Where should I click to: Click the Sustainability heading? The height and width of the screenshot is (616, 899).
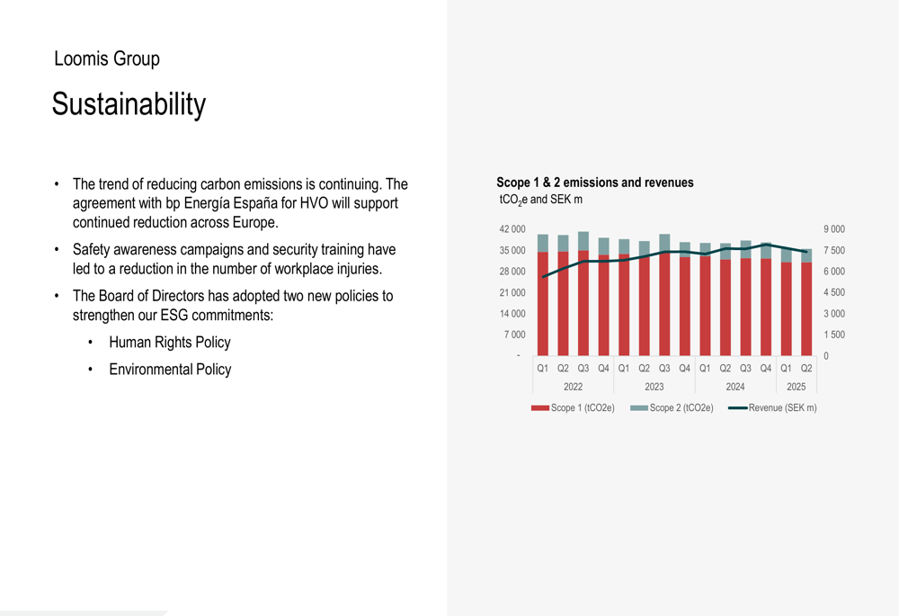[129, 105]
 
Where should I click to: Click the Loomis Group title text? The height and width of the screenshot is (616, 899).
[107, 59]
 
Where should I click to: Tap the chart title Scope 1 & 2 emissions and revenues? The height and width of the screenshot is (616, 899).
[594, 183]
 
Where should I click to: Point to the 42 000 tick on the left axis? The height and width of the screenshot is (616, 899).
[512, 229]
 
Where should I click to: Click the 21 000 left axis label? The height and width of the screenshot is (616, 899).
[512, 292]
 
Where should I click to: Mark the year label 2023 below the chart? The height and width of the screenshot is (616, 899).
[654, 387]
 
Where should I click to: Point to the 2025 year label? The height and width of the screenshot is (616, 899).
[797, 387]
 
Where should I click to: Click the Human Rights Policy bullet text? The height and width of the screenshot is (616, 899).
[169, 343]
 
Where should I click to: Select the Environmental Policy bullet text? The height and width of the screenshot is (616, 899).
[169, 370]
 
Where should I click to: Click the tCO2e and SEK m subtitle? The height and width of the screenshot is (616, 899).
[540, 199]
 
